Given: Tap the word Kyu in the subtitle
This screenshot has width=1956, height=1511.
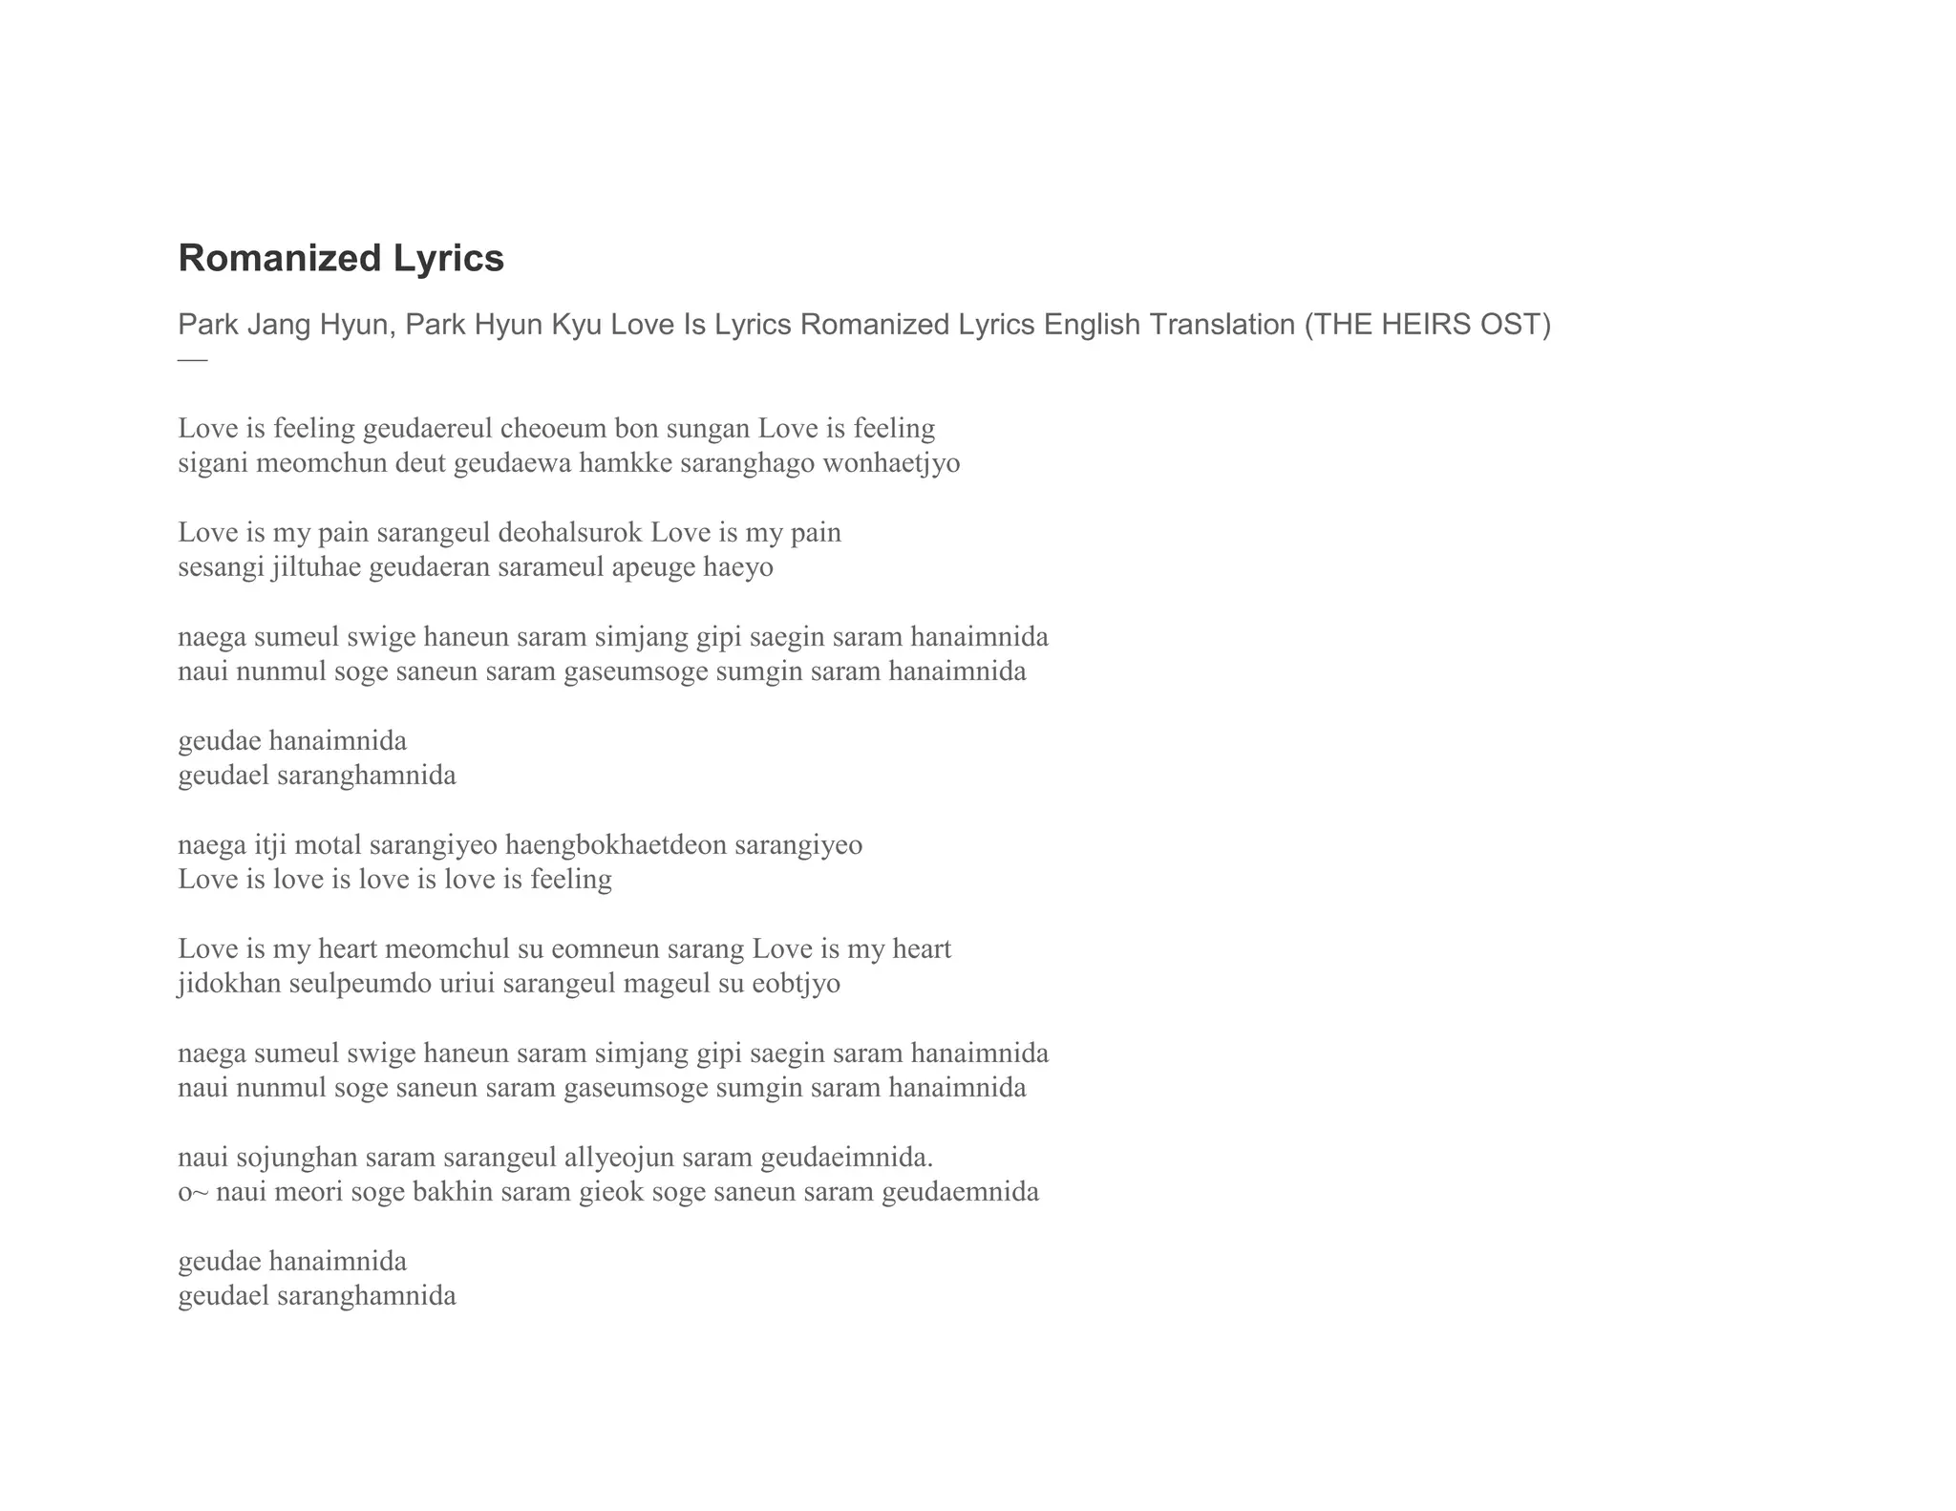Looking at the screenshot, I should (x=576, y=325).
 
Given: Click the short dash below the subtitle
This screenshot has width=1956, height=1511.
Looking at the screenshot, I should (x=192, y=360).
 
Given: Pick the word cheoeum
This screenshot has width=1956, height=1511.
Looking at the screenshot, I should (x=553, y=428).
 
